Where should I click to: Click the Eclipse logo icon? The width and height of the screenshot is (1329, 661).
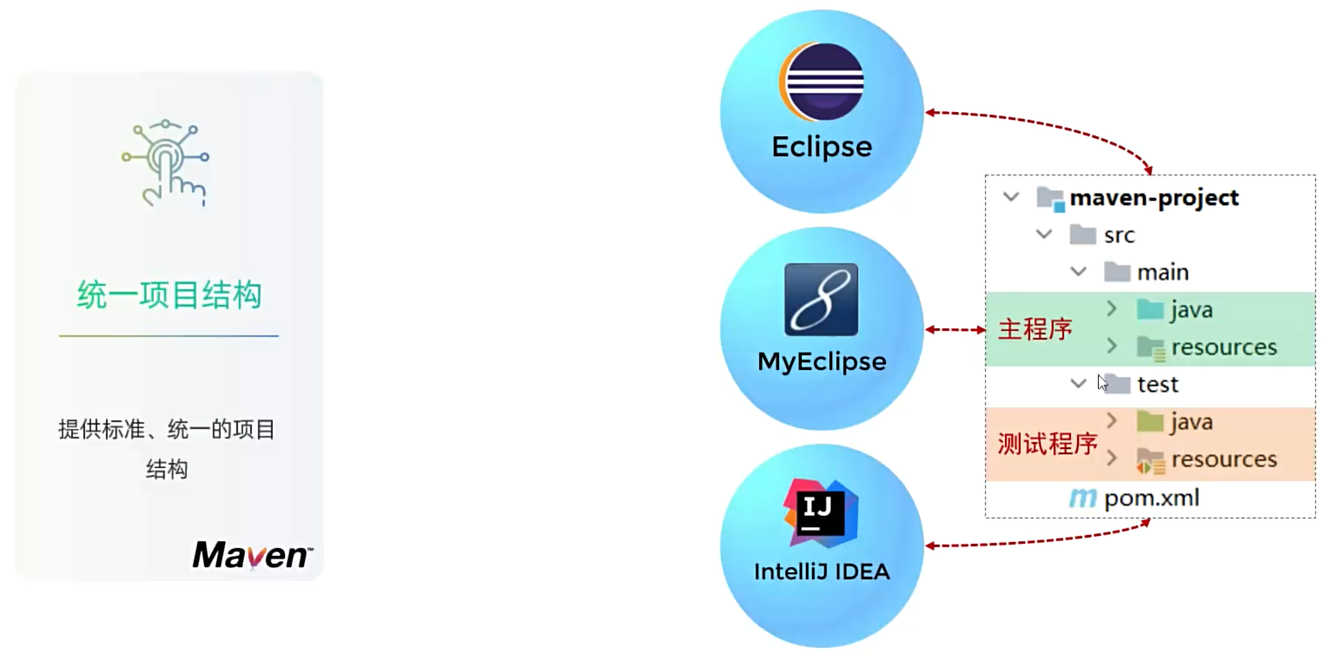point(821,82)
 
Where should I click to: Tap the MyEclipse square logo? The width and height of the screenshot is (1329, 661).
point(821,300)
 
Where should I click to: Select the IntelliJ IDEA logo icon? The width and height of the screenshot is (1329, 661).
point(821,512)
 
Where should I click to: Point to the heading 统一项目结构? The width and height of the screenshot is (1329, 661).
point(169,295)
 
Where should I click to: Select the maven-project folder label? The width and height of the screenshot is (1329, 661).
point(1154,198)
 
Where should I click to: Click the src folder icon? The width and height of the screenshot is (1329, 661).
point(1082,235)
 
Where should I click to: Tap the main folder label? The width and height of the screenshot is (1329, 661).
point(1162,273)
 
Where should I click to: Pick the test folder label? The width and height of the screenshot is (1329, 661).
point(1157,384)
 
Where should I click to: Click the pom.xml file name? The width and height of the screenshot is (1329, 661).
point(1152,499)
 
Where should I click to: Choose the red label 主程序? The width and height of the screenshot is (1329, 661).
point(1035,330)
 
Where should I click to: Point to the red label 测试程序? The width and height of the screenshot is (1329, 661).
point(1048,444)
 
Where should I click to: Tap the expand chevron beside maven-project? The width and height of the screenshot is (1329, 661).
point(1011,197)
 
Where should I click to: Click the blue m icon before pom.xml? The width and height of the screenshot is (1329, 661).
point(1082,499)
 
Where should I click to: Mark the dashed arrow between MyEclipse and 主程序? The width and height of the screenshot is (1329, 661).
point(955,330)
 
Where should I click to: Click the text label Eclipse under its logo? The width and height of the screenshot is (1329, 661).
point(822,146)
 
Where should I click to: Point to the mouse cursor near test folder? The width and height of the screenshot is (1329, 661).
point(1102,382)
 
